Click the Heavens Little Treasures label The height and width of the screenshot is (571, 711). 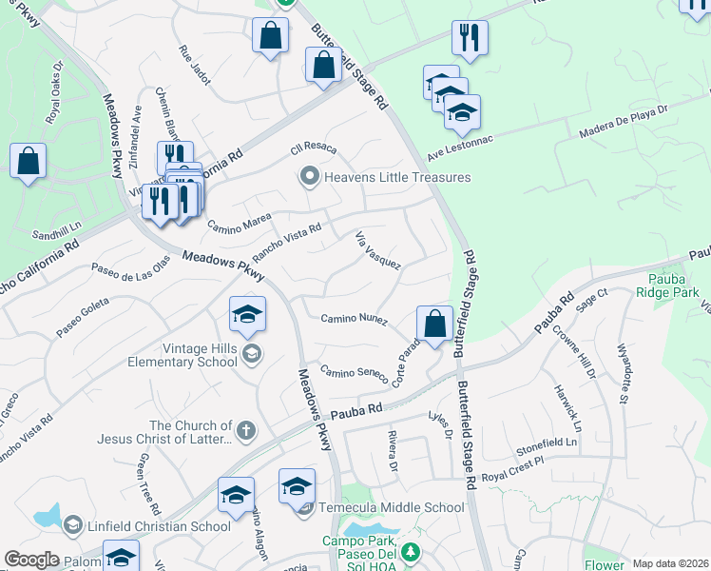(397, 177)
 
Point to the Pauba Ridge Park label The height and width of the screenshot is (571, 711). (674, 286)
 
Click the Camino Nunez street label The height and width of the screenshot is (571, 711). (354, 319)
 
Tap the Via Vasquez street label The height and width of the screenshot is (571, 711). (377, 250)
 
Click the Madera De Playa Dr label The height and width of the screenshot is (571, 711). (625, 124)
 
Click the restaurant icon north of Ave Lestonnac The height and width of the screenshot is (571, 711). (470, 38)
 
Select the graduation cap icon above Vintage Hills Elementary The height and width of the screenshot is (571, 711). (247, 314)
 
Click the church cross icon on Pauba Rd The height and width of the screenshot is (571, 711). (245, 430)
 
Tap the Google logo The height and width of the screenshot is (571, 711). (32, 560)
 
